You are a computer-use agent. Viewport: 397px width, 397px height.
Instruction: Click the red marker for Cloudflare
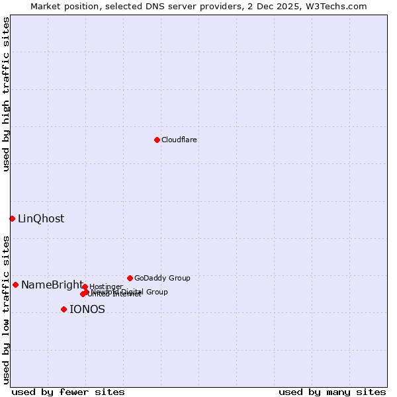click(157, 140)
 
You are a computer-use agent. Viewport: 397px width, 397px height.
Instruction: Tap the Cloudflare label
click(179, 140)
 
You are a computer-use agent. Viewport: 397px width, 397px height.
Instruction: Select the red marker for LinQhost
click(12, 218)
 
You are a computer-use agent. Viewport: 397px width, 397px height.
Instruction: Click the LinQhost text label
click(41, 219)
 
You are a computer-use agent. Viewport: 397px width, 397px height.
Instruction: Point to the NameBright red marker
click(15, 285)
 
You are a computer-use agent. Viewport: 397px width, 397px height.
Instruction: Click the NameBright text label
click(52, 285)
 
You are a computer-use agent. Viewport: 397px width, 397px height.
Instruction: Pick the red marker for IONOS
click(64, 309)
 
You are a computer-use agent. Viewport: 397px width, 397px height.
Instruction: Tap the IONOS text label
click(87, 310)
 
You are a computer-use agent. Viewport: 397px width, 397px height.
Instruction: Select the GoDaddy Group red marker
click(130, 278)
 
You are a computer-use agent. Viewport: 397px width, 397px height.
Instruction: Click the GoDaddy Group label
click(162, 278)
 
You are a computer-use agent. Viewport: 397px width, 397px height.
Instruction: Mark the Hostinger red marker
click(85, 287)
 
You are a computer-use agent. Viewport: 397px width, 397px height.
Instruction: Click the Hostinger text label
click(106, 287)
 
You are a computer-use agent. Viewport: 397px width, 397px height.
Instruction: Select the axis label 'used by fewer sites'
click(68, 392)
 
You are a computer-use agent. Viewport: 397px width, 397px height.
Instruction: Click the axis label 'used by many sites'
click(332, 392)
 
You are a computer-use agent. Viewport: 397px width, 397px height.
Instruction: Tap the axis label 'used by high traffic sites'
click(6, 95)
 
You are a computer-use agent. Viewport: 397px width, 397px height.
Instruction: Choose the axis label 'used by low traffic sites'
click(6, 310)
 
